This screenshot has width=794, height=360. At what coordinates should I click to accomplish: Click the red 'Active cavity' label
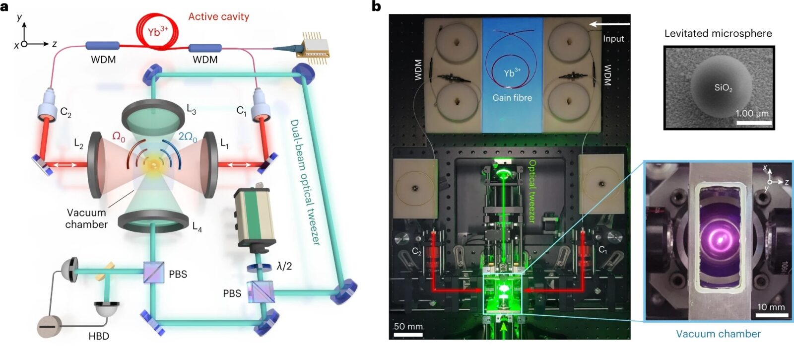(x=218, y=17)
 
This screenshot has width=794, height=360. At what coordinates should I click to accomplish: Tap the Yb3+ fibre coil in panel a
(x=157, y=32)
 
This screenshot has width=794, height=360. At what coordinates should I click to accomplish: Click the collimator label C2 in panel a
(x=66, y=112)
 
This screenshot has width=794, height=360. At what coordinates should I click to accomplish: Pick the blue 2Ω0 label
(x=188, y=137)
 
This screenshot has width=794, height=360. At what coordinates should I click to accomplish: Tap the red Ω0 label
(x=119, y=137)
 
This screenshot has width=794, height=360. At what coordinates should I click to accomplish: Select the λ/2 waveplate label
(x=284, y=267)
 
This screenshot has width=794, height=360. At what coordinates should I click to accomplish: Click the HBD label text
(x=99, y=336)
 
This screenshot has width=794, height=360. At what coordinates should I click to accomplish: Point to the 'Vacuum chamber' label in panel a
(x=86, y=218)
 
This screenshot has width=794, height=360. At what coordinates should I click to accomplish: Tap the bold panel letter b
(x=377, y=6)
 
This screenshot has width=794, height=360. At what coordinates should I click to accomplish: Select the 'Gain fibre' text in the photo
(x=512, y=98)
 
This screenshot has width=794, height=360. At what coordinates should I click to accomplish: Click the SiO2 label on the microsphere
(x=723, y=88)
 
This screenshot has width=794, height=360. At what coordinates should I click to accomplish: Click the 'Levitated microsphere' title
(x=718, y=34)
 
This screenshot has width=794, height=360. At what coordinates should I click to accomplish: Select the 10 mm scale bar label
(x=771, y=307)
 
